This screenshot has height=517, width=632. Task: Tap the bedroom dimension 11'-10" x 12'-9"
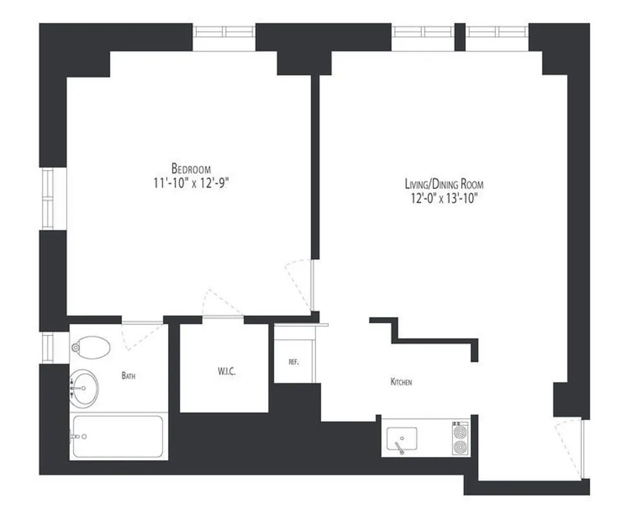click(x=187, y=182)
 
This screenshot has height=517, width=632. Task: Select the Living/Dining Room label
click(x=443, y=184)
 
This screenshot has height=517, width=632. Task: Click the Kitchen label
click(x=401, y=383)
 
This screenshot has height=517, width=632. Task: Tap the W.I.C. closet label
click(x=224, y=372)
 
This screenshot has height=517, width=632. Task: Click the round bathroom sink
click(x=85, y=389)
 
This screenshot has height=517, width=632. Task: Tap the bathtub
click(x=117, y=436)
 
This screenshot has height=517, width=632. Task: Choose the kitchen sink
click(x=401, y=438)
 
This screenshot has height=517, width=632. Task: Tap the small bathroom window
click(x=47, y=347)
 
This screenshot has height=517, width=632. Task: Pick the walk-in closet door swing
click(x=222, y=304)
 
